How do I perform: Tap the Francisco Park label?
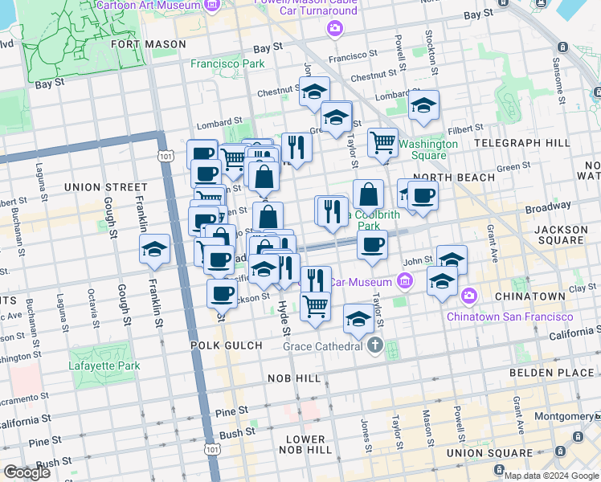pyautogui.click(x=227, y=63)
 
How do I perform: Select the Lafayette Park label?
pyautogui.click(x=104, y=366)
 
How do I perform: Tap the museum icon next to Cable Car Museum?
pyautogui.click(x=404, y=281)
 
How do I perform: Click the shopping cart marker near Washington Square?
pyautogui.click(x=383, y=143)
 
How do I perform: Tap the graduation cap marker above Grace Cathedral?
pyautogui.click(x=358, y=318)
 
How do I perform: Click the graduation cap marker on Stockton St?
pyautogui.click(x=423, y=105)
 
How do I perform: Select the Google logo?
pyautogui.click(x=27, y=472)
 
